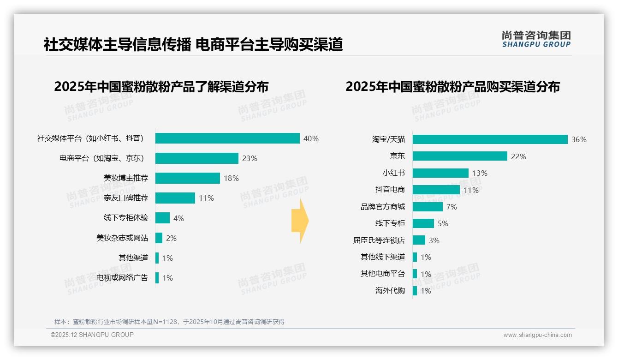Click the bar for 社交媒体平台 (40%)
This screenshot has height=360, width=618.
pos(227,138)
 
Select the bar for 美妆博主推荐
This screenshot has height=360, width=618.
pos(187,178)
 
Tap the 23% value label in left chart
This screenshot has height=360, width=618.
pos(250,158)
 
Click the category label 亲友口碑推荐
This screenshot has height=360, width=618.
pos(126,198)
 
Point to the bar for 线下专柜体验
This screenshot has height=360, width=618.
pos(162,218)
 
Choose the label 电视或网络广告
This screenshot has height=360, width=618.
pos(122,278)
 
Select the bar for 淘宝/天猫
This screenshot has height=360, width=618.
pos(490,139)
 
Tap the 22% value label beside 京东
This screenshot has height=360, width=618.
pos(518,156)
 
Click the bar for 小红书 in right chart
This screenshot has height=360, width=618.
pos(440,173)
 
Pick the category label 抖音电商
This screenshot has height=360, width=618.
pos(390,190)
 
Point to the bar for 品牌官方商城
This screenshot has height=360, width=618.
pos(428,207)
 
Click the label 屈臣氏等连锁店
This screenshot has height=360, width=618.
pos(379,240)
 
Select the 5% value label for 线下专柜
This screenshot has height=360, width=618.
pos(443,224)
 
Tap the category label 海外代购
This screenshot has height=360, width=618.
pos(390,291)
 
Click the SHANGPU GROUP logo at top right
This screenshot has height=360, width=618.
pos(536,39)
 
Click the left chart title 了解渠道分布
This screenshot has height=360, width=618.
pos(161,87)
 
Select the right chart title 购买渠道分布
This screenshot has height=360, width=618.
pos(452,87)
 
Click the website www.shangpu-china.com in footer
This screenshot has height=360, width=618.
pos(537,335)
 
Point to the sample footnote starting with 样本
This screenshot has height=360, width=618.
pos(169,322)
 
